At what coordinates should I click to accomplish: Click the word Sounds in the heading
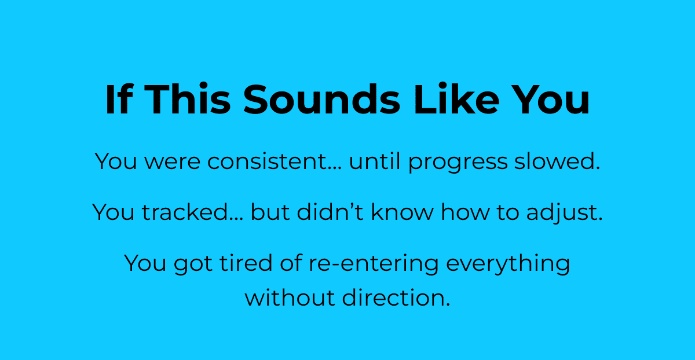tap(321, 99)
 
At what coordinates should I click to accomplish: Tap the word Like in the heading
tap(456, 98)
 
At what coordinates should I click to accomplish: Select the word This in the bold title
tap(188, 98)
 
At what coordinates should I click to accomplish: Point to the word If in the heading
tap(119, 98)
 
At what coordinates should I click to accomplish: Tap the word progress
tap(458, 163)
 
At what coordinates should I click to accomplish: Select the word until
tap(375, 161)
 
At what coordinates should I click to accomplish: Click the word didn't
tap(330, 212)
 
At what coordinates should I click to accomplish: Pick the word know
tap(402, 212)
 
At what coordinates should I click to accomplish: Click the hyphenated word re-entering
tap(374, 265)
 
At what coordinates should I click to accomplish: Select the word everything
tap(508, 265)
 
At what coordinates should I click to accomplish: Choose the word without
tap(290, 297)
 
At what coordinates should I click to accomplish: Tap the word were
tap(172, 163)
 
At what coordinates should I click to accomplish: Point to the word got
tap(193, 265)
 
